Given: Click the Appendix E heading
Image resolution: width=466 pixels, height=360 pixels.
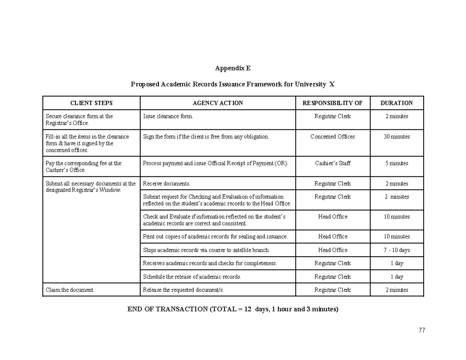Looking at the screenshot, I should [x=233, y=68].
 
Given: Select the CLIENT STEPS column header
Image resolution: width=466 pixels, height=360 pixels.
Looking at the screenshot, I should [x=91, y=103].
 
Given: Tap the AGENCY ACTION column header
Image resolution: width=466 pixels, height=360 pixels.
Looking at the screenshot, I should [x=217, y=103].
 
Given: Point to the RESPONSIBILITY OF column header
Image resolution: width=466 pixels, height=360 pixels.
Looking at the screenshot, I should [x=332, y=103].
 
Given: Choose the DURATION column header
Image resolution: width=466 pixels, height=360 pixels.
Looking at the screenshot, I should [x=396, y=103].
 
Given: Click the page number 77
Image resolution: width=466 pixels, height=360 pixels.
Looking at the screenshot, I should [x=422, y=330].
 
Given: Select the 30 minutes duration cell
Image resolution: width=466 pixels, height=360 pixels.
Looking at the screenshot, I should [x=396, y=137].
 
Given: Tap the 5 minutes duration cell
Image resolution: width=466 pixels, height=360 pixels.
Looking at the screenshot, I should [x=396, y=163].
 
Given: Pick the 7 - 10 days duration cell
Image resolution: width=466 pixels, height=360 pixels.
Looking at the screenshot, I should [x=396, y=250].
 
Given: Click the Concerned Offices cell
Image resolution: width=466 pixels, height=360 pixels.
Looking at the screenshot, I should [x=332, y=137].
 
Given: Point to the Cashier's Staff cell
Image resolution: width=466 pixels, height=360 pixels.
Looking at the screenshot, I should [x=332, y=163].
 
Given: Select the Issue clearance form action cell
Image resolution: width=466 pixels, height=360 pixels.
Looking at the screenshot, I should [x=168, y=116].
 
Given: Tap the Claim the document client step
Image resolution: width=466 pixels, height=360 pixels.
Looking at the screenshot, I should [x=70, y=290].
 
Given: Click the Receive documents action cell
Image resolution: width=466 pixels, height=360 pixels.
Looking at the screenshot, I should [x=167, y=184].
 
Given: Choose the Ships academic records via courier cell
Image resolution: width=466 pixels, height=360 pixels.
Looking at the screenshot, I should [x=206, y=250].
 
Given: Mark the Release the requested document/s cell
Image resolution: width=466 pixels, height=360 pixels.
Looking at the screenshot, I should [x=183, y=290].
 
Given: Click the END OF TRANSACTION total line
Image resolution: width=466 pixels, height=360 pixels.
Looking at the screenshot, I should [x=233, y=309].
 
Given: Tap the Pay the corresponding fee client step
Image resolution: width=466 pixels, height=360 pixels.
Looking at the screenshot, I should [x=83, y=167].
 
